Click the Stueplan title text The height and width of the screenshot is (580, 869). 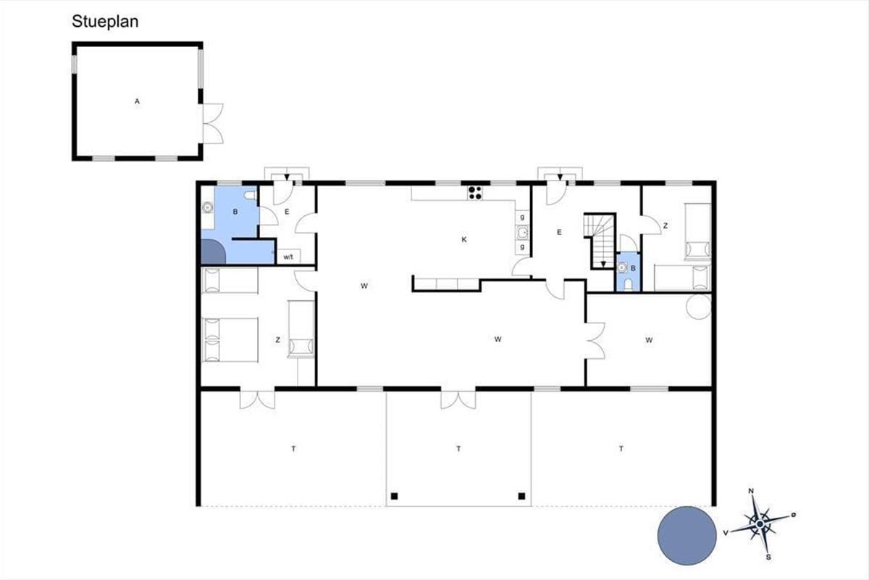pos(105,22)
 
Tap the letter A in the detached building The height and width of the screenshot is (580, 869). pos(137,101)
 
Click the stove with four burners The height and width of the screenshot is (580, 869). pos(475,193)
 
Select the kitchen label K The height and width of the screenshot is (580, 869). pos(464,240)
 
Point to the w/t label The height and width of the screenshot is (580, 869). pos(288,257)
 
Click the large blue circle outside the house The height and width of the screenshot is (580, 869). pos(687,536)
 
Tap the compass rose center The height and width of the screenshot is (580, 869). pos(760,524)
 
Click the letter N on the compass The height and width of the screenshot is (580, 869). pos(751,491)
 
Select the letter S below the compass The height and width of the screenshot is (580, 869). pos(768,558)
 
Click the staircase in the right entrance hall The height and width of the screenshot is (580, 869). pos(600,241)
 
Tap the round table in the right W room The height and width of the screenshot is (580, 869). pos(699,307)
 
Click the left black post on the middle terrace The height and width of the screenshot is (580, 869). pos(394,496)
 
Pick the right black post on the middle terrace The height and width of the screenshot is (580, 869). pos(522,496)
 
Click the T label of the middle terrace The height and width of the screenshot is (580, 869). pos(458,449)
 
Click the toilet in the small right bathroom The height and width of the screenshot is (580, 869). pos(628,285)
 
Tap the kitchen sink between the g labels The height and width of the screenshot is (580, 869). pos(523,233)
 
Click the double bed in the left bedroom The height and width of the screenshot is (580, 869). pos(230,340)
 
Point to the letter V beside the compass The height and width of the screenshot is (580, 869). pos(726,533)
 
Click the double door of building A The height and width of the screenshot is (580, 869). pos(213,123)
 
